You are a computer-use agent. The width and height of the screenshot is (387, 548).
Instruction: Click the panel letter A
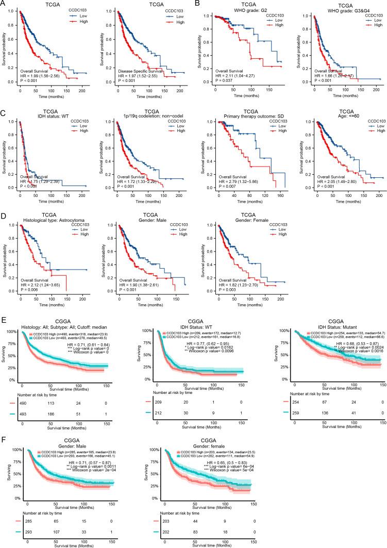pyautogui.click(x=4, y=4)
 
